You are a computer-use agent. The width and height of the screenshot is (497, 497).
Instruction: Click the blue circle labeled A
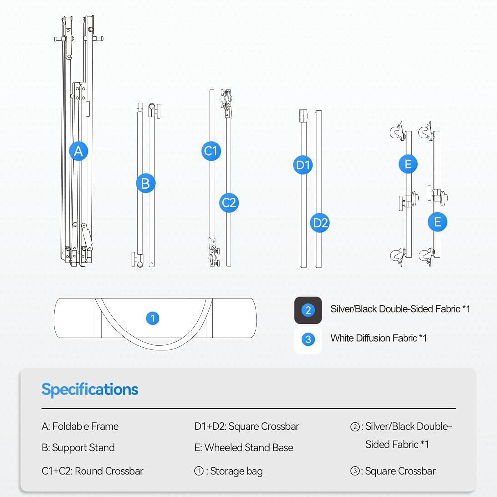[x=79, y=151]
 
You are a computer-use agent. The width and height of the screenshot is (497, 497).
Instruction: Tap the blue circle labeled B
[x=146, y=183]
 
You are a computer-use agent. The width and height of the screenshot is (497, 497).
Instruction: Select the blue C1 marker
[x=211, y=151]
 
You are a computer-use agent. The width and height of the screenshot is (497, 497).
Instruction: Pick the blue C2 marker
[x=229, y=203]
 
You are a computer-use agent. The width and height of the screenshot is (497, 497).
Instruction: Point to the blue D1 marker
[x=303, y=165]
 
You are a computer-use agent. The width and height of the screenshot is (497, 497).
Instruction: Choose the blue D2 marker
[x=320, y=223]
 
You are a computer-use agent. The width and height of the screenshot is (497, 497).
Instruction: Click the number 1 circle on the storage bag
[x=153, y=318]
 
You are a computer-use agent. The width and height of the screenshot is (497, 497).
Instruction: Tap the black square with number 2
[x=308, y=310]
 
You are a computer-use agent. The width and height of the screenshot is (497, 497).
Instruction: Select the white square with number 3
[x=308, y=340]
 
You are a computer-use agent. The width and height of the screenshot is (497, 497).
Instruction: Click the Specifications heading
[x=89, y=390]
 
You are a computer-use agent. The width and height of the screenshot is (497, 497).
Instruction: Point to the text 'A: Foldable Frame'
[x=80, y=426]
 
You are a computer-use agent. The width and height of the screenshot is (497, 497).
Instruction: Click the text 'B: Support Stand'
[x=78, y=448]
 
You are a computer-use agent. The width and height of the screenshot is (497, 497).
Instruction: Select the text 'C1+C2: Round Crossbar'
[x=92, y=471]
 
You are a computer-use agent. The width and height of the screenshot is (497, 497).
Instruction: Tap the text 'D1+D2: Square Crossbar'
[x=247, y=426]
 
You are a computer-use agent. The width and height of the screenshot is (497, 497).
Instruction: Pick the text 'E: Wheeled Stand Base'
[x=244, y=448]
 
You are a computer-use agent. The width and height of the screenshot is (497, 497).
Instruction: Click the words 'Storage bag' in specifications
[x=237, y=471]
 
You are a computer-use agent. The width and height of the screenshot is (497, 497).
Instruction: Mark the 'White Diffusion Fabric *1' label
[x=379, y=338]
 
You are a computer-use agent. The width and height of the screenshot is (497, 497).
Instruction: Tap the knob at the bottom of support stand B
[x=138, y=259]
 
